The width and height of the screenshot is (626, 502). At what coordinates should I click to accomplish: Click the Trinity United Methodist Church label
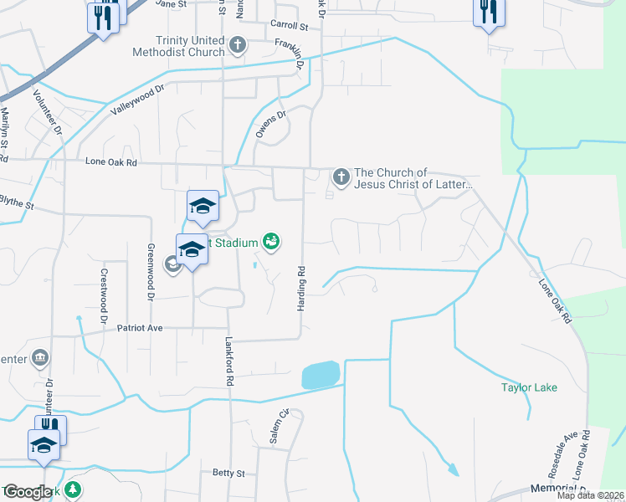tap(178, 46)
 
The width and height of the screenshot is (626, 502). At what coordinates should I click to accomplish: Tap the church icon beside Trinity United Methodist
tap(238, 44)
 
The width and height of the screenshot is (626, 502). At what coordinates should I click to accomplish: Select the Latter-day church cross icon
tap(341, 177)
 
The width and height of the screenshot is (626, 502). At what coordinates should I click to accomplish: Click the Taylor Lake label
tap(529, 387)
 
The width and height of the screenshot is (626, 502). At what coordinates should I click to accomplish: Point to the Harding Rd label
tap(300, 289)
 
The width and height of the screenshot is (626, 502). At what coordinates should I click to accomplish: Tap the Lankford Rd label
tap(228, 361)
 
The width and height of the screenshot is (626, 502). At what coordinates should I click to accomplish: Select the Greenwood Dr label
tap(151, 272)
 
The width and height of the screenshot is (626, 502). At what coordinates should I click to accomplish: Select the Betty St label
tap(228, 473)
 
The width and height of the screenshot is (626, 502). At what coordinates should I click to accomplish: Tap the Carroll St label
tap(290, 26)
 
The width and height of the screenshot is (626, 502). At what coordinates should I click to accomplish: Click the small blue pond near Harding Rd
tap(321, 375)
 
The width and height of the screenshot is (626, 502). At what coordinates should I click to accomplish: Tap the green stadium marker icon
tap(270, 243)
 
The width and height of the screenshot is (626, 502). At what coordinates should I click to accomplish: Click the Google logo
tap(27, 493)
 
